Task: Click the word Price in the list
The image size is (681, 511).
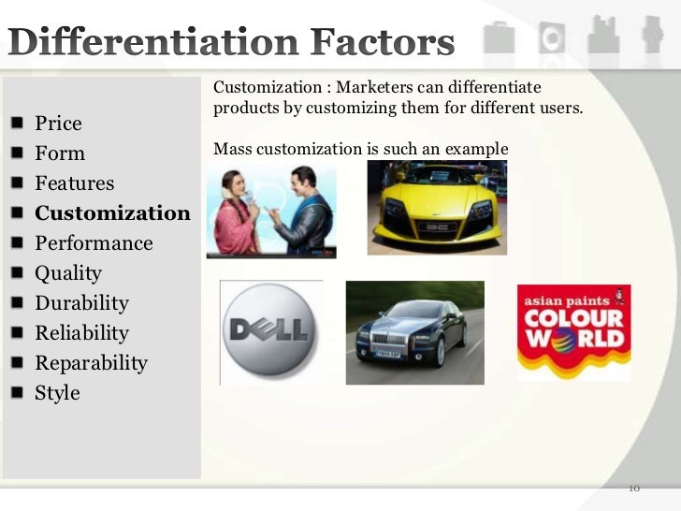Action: (x=58, y=124)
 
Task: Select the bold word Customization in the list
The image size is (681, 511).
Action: (x=112, y=213)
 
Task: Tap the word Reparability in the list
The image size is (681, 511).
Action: (x=91, y=363)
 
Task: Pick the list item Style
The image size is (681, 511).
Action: (x=57, y=393)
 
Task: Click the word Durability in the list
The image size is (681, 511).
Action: (x=81, y=303)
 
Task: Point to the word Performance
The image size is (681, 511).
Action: (x=94, y=243)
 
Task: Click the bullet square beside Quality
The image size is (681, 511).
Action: (x=20, y=273)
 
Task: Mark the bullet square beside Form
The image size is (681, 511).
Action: (x=20, y=153)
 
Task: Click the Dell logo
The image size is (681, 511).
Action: (x=271, y=332)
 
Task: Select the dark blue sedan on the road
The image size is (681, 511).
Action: (x=414, y=332)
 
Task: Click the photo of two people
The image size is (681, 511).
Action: (x=270, y=212)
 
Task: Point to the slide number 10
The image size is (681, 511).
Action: (x=633, y=489)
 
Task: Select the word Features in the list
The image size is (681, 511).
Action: (x=74, y=183)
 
